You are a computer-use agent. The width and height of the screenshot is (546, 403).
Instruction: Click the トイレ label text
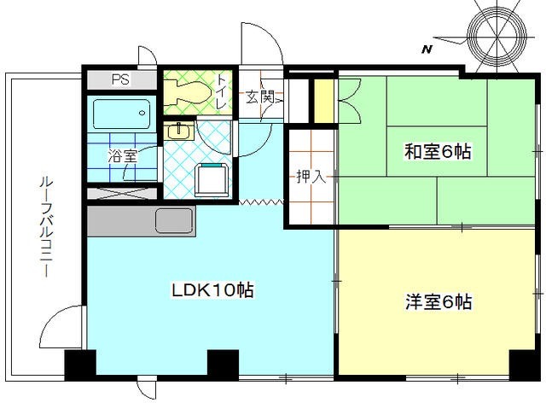(221, 91)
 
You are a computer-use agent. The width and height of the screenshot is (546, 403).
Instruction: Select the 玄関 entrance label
(260, 96)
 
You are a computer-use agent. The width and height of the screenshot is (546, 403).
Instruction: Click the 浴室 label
(122, 156)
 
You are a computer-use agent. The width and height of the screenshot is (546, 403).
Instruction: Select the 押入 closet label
(309, 178)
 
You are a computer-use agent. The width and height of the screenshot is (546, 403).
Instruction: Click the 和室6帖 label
(437, 152)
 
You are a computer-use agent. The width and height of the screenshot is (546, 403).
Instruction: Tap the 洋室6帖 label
(438, 301)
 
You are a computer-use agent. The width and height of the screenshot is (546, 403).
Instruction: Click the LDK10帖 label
(213, 290)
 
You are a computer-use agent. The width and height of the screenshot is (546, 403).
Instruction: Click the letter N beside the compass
(426, 50)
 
